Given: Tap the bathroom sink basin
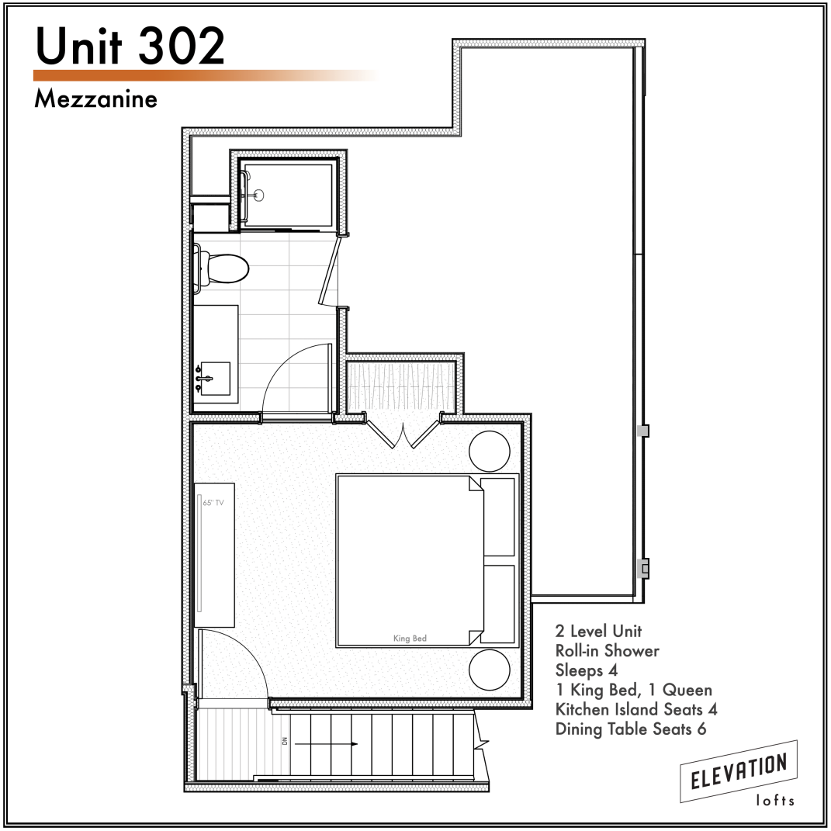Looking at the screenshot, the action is coord(216,379).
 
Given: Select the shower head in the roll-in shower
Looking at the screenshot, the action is coord(258,195).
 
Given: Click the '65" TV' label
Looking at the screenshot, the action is coord(213,503).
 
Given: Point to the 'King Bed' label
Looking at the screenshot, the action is coord(410,638).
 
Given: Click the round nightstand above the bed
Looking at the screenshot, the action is coord(489,451).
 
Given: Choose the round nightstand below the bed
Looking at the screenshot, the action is coord(489,670).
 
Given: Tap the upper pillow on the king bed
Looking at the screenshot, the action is coord(499,517).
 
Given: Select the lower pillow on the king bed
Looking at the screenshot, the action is coord(499,604).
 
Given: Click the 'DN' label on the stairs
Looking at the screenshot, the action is coord(285,741).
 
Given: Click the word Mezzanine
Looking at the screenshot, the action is coord(96,99).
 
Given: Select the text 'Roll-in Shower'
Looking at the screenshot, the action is coord(608,650).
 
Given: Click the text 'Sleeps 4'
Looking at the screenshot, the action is coord(587,670).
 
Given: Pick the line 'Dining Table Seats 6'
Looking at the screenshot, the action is coord(631,729).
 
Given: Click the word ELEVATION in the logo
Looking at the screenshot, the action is coord(739,771).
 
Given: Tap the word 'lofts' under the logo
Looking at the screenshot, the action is coord(775,800).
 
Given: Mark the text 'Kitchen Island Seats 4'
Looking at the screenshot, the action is coord(636,709).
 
